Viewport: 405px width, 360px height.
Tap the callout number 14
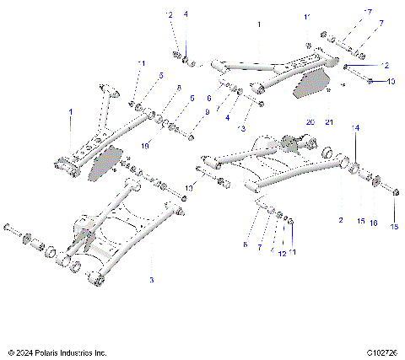point(354,127)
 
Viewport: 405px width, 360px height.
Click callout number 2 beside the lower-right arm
point(340,218)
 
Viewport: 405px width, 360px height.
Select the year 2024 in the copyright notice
point(26,352)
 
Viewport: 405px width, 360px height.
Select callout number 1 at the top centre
point(259,26)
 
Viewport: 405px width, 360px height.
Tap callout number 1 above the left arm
point(71,112)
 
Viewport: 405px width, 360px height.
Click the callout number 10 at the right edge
point(390,82)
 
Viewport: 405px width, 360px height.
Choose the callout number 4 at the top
point(186,14)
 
